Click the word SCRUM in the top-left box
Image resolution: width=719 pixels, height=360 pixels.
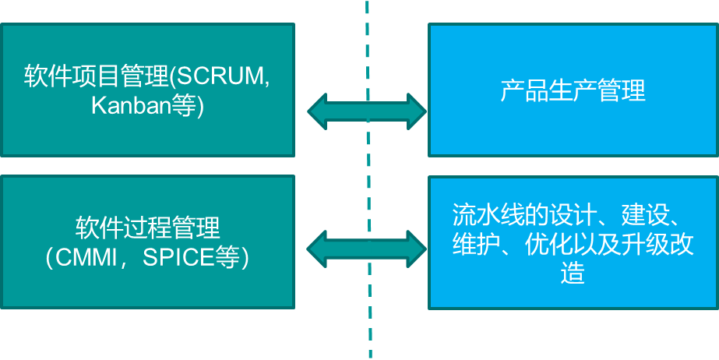point(220,77)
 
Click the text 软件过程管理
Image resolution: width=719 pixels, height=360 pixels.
point(148,229)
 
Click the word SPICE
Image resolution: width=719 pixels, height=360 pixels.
point(178,257)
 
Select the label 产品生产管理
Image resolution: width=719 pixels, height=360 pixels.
point(573,90)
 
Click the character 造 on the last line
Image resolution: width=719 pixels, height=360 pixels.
point(573,274)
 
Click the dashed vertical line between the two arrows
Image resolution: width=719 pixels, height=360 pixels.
point(368,179)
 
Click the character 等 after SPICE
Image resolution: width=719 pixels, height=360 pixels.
point(227,257)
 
